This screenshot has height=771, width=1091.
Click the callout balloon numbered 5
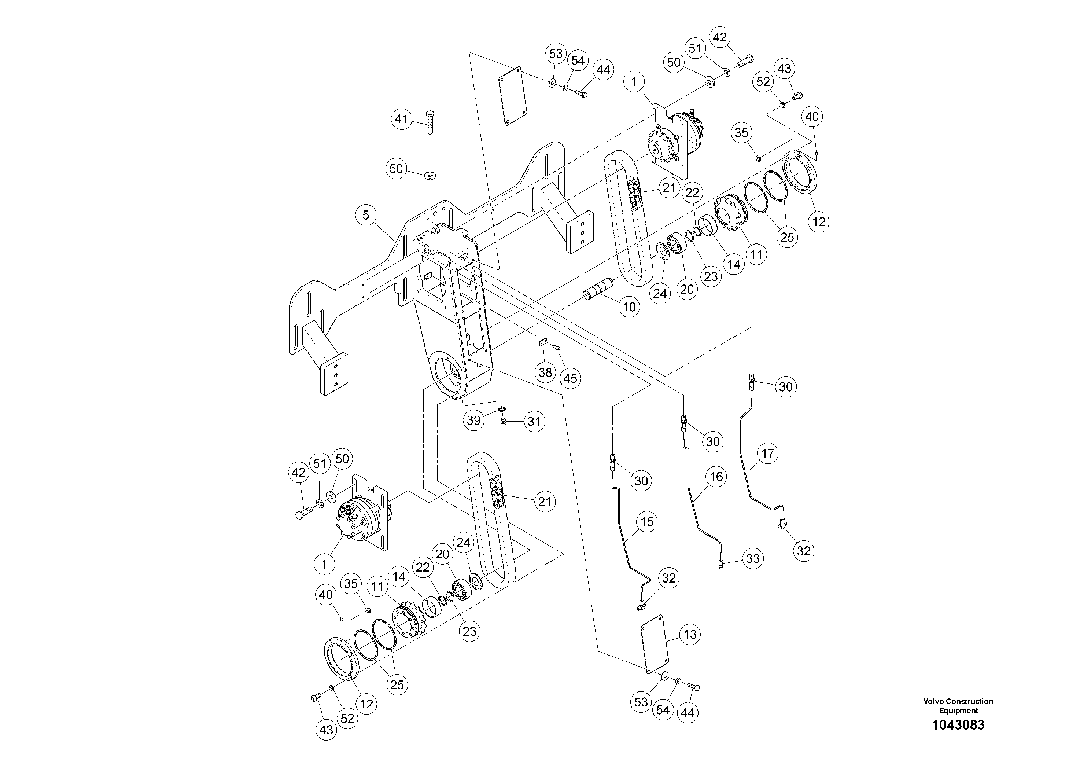click(366, 215)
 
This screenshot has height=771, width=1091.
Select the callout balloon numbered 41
click(402, 119)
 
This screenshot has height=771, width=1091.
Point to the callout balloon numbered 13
click(690, 635)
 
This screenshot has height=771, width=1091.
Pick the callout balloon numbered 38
click(545, 372)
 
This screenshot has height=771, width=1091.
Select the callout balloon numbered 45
click(570, 378)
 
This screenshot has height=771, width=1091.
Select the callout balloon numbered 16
click(716, 476)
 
